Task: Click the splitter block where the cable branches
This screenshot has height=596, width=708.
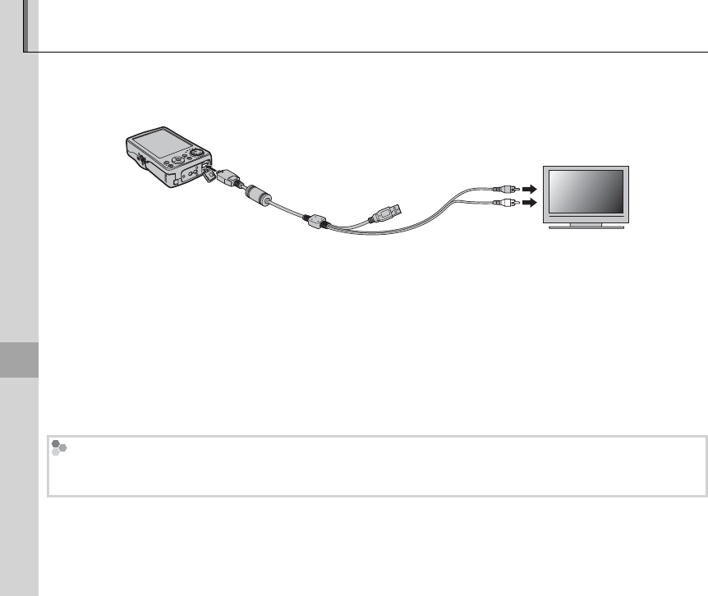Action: tap(316, 222)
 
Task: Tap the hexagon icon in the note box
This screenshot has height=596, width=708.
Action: tap(58, 448)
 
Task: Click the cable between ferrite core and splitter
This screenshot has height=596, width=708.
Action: tap(287, 210)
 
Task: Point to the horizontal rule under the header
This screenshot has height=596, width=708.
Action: tap(370, 53)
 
